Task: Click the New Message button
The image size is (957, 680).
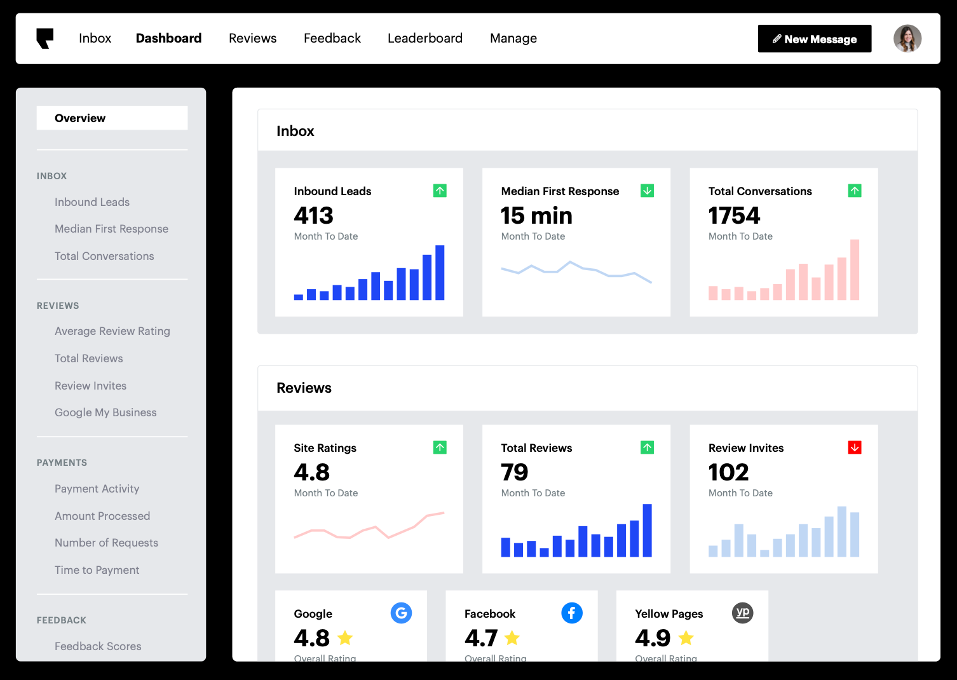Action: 814,39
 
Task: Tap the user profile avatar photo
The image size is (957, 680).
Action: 907,39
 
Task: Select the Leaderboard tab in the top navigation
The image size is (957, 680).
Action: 424,38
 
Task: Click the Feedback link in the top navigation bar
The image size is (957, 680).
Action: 332,38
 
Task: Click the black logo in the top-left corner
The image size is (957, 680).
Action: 44,38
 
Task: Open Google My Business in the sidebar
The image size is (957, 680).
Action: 105,412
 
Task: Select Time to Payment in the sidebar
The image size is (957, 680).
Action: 97,570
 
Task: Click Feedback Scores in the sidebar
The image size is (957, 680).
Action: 98,646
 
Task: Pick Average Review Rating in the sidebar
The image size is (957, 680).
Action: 112,331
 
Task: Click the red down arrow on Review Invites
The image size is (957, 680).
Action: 855,447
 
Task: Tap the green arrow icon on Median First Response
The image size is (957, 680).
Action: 647,191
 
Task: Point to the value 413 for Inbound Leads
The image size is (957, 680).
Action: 313,216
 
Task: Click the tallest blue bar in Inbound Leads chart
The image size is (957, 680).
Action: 440,273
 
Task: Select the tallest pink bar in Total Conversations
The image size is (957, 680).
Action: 855,270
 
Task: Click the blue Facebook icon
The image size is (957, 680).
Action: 572,613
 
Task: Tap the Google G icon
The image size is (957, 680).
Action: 401,613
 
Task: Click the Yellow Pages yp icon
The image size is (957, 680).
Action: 742,613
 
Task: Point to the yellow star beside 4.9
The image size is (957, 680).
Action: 686,637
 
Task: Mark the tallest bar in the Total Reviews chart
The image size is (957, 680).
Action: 647,531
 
